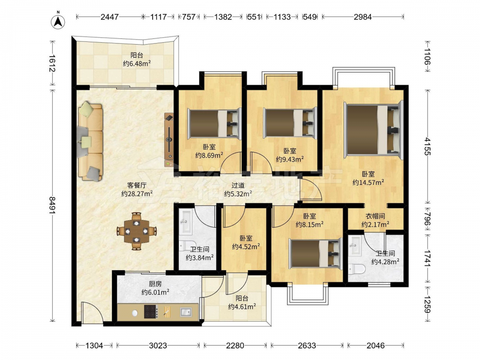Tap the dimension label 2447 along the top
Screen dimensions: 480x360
(x=109, y=17)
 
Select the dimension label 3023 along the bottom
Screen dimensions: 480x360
(x=158, y=346)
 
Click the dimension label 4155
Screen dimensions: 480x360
(x=427, y=146)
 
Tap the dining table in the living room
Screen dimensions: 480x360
(x=137, y=231)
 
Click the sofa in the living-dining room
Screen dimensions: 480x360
(x=90, y=142)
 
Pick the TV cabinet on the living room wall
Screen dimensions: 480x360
(x=169, y=140)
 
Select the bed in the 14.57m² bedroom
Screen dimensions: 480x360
(x=373, y=128)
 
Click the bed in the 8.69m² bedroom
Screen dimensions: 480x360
(x=214, y=124)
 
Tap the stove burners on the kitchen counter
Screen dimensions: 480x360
(x=151, y=312)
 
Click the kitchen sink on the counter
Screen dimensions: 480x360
(x=185, y=312)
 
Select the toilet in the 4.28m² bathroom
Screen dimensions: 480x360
(x=357, y=269)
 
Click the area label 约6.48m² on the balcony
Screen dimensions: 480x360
(x=137, y=64)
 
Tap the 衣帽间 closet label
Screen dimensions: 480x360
(x=375, y=216)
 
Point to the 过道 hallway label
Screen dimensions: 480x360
(x=238, y=185)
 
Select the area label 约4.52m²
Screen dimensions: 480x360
(x=246, y=246)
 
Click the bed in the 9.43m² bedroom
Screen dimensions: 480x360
(x=290, y=122)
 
